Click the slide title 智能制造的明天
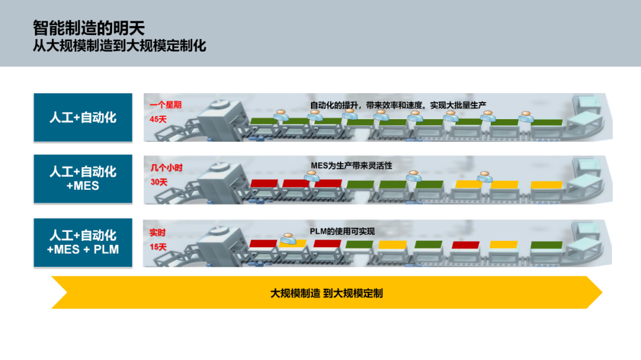coord(89,28)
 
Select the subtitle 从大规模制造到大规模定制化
coord(119,46)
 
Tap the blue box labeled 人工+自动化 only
coord(82,117)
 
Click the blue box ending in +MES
coord(82,179)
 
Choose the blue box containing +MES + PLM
coord(82,242)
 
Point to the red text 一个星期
coord(166,105)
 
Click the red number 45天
coord(158,119)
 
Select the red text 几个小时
coord(166,168)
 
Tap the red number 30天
coord(158,182)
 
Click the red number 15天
coord(158,246)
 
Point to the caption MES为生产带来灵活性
coord(351,165)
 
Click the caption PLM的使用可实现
coord(342,231)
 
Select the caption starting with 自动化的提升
coord(398,105)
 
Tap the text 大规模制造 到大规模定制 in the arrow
coord(326,293)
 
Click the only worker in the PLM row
coord(288,238)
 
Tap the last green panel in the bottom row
coord(546,244)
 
